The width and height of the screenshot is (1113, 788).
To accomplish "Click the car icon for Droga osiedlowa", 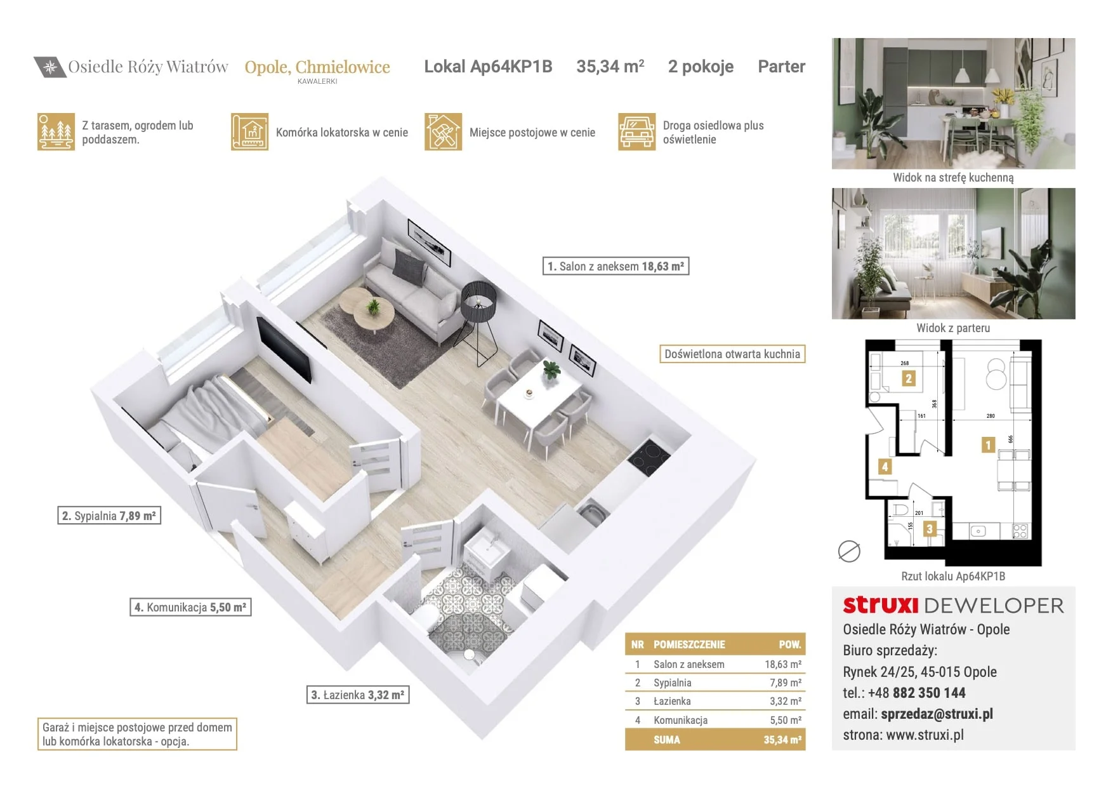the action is tap(636, 132).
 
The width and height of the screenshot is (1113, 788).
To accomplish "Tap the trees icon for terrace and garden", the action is tap(56, 132).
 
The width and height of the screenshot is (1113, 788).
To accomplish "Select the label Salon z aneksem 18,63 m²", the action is tap(616, 266).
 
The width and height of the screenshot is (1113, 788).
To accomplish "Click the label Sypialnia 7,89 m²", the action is tap(109, 516).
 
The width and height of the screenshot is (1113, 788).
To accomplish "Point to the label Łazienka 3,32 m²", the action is tap(358, 695).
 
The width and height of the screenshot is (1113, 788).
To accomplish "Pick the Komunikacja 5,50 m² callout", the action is tap(190, 607).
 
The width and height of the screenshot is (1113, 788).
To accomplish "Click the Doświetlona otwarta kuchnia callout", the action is tap(732, 354).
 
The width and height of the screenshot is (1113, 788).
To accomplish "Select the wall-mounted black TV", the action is tap(284, 349).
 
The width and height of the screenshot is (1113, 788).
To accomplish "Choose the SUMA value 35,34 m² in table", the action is tap(782, 740).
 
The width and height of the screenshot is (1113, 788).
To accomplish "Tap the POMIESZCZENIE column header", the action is tap(689, 644).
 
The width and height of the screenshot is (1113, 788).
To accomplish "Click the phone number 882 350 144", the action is tap(929, 693).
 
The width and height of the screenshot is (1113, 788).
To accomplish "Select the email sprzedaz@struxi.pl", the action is tap(937, 714).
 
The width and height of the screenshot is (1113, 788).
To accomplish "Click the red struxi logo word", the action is tap(881, 605).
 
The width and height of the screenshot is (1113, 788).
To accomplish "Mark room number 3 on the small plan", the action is tap(930, 529).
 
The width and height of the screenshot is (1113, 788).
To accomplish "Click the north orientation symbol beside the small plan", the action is tap(849, 551).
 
